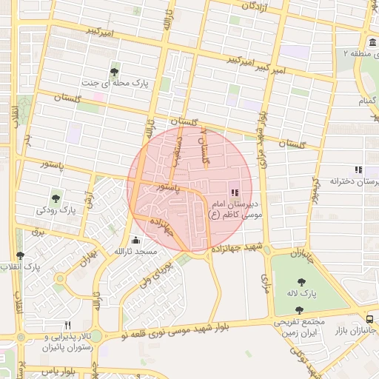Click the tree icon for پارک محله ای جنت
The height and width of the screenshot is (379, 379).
tap(114, 72)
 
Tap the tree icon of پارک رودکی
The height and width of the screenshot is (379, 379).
tap(56, 198)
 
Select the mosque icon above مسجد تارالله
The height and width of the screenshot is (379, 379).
tap(135, 240)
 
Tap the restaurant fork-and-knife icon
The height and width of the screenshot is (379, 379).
tap(67, 324)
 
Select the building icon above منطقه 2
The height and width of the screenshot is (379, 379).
tap(372, 41)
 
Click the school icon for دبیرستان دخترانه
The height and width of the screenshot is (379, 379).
tap(358, 170)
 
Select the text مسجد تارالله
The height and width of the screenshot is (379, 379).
tap(135, 252)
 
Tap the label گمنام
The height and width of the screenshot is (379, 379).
tap(366, 99)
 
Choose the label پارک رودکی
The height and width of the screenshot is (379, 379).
tap(57, 210)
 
